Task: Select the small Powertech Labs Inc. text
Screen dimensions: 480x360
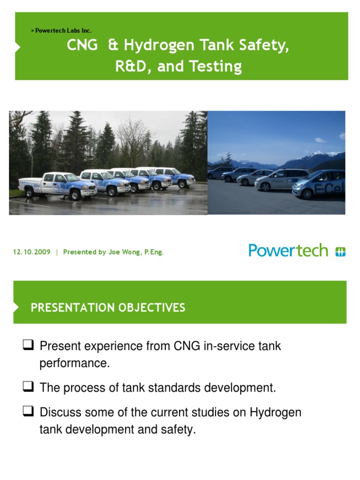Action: click(60, 30)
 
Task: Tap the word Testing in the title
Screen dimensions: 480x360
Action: click(216, 67)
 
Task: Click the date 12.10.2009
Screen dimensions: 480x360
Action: click(31, 252)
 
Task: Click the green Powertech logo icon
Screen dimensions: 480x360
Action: click(340, 252)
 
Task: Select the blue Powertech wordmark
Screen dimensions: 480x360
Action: click(288, 251)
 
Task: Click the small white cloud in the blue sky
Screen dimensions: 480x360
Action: click(321, 140)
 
